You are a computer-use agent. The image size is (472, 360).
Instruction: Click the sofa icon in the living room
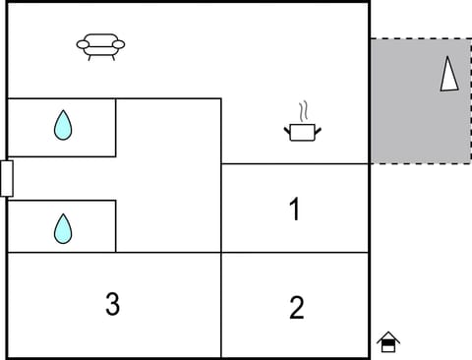click(x=102, y=46)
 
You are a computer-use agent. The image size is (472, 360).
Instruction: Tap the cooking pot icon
click(x=303, y=131)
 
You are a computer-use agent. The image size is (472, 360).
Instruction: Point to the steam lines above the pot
click(x=304, y=108)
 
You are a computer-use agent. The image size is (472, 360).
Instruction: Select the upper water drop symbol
click(x=63, y=125)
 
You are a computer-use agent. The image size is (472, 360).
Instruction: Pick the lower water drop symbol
click(x=63, y=228)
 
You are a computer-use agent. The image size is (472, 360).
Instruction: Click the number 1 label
click(x=293, y=210)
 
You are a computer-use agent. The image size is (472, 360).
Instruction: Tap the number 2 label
click(x=296, y=308)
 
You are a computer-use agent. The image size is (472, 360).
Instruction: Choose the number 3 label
click(x=112, y=305)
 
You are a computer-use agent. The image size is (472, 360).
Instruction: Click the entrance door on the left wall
click(x=7, y=179)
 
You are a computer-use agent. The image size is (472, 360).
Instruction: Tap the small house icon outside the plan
click(x=388, y=342)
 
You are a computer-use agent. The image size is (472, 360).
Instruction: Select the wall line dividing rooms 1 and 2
click(x=295, y=253)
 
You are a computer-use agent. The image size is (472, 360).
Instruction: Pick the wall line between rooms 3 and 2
click(x=221, y=305)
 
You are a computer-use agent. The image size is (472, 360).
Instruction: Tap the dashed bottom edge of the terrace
click(x=420, y=163)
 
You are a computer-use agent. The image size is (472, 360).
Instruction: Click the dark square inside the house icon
click(x=388, y=346)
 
